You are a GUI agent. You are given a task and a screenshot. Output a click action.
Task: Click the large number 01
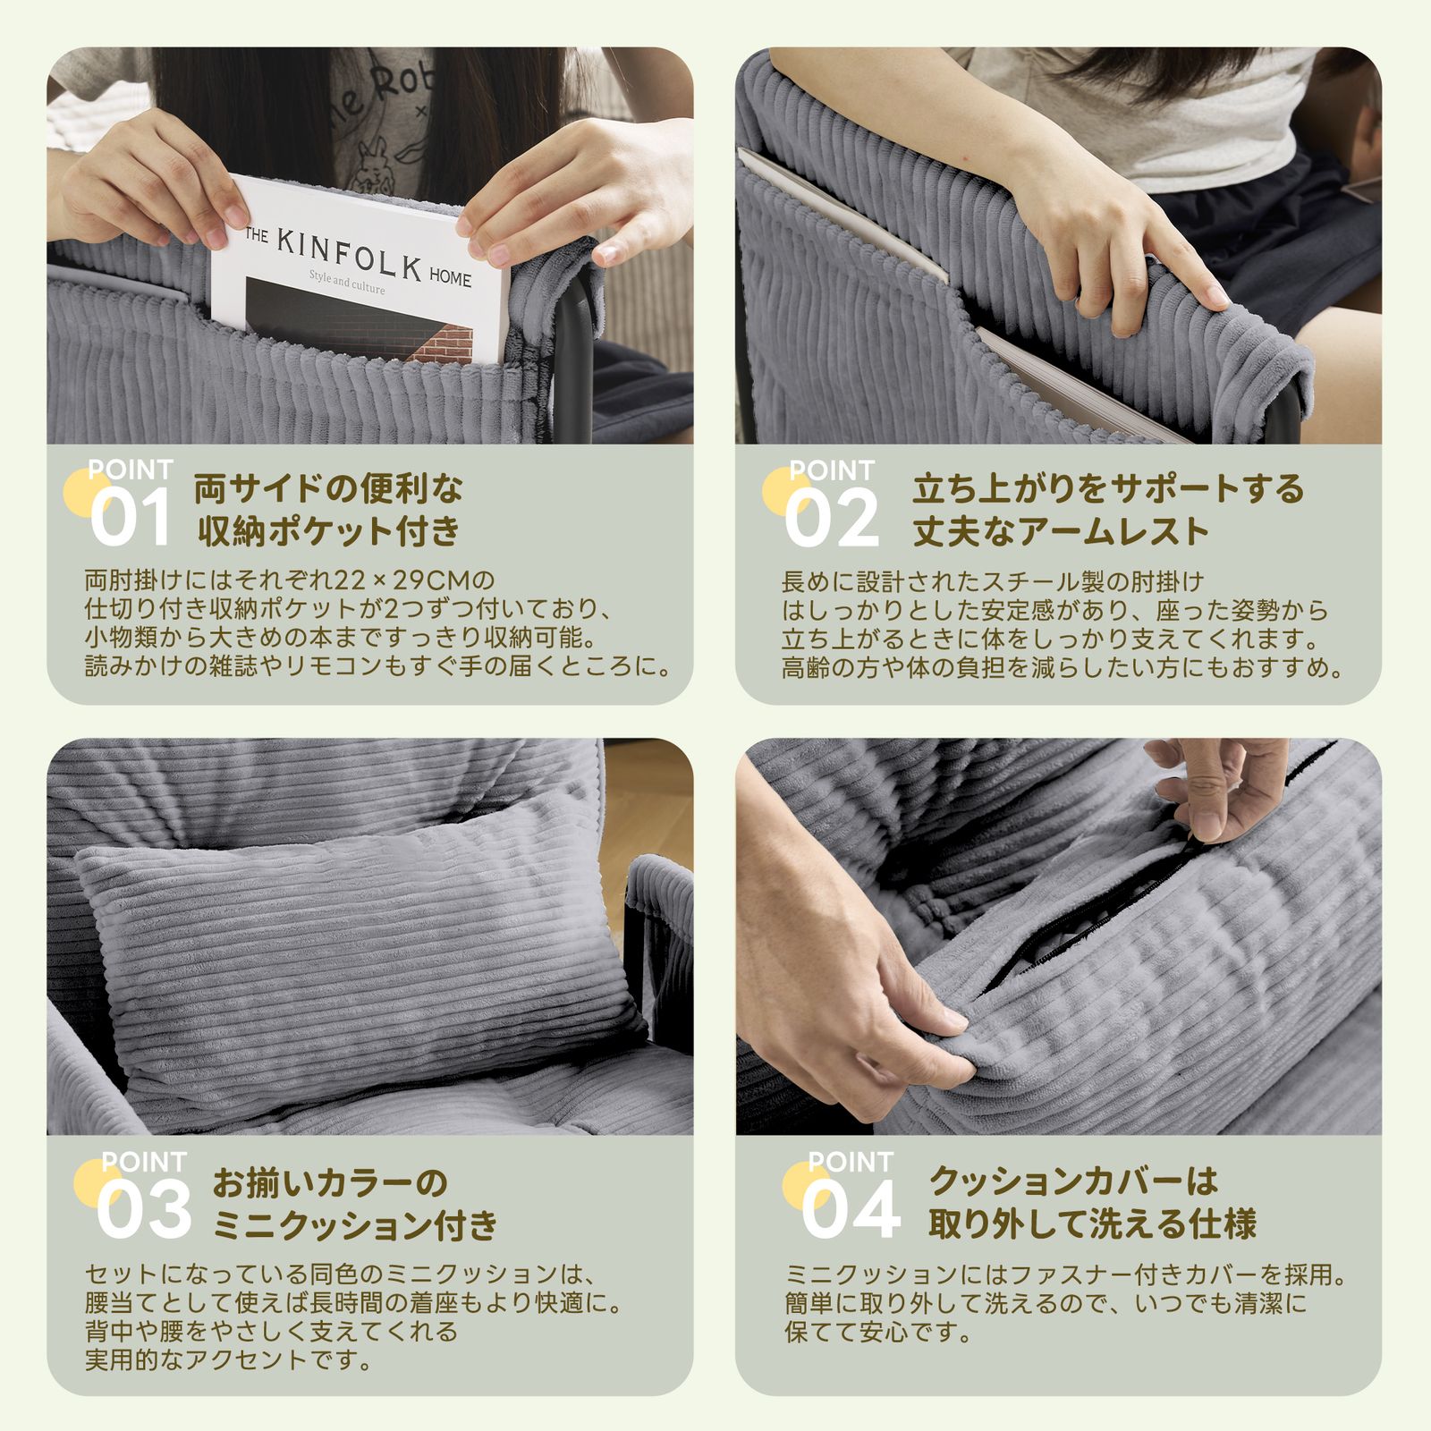click(131, 520)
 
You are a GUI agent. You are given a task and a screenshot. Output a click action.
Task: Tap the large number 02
click(832, 520)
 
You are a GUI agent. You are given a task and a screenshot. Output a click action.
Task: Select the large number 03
click(144, 1210)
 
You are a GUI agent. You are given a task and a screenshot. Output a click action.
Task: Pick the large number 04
click(851, 1210)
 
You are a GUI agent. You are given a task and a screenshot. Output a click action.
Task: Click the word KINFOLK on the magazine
click(349, 255)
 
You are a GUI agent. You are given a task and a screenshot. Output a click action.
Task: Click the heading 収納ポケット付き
click(328, 531)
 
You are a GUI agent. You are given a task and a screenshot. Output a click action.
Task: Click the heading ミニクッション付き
click(355, 1224)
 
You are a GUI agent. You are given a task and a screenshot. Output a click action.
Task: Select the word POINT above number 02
click(831, 470)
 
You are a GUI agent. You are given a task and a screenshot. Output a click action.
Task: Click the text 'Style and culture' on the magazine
click(347, 284)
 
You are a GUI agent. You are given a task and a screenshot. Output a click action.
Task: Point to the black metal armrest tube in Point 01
click(572, 358)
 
